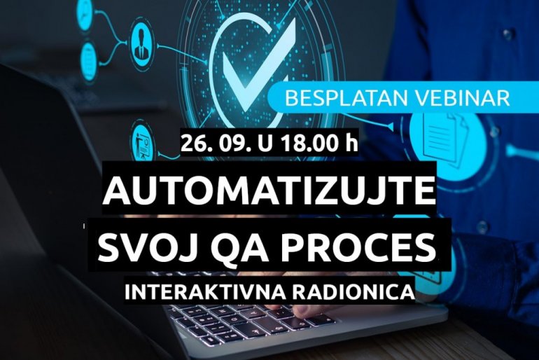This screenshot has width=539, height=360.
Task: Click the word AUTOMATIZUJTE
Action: (269, 191)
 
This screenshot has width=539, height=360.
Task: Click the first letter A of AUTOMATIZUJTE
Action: (115, 191)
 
